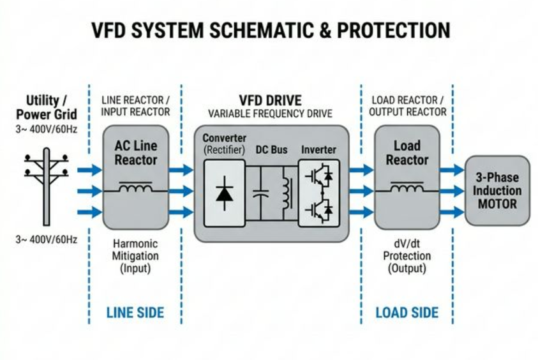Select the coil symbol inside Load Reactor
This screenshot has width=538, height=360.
pyautogui.click(x=406, y=188)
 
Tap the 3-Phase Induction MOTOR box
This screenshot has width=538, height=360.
pyautogui.click(x=497, y=190)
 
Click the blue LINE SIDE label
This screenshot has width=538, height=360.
pyautogui.click(x=135, y=313)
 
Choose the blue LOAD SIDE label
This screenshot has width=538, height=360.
pyautogui.click(x=407, y=313)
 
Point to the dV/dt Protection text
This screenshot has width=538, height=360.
pyautogui.click(x=407, y=256)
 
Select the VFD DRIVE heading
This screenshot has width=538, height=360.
pyautogui.click(x=270, y=101)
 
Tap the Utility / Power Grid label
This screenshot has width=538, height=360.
pyautogui.click(x=47, y=107)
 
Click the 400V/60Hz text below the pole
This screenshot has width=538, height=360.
pyautogui.click(x=47, y=240)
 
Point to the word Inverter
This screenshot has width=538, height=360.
pyautogui.click(x=318, y=149)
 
